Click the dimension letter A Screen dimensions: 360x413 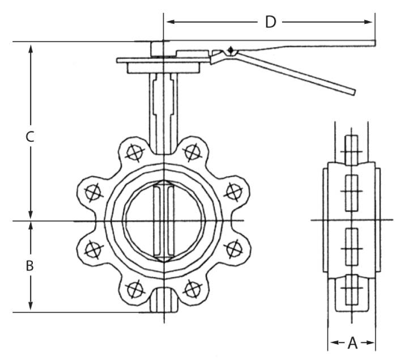(x=352, y=342)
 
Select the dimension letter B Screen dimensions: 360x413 (x=31, y=265)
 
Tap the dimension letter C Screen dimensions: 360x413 (x=31, y=137)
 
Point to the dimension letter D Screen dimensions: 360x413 (x=270, y=22)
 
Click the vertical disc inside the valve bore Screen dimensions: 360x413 (x=164, y=221)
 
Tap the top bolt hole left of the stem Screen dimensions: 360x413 (x=134, y=152)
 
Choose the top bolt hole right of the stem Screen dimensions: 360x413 (x=193, y=151)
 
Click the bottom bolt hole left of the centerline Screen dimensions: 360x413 (x=134, y=290)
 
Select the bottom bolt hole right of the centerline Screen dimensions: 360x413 (x=193, y=290)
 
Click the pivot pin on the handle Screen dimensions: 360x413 (x=230, y=51)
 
